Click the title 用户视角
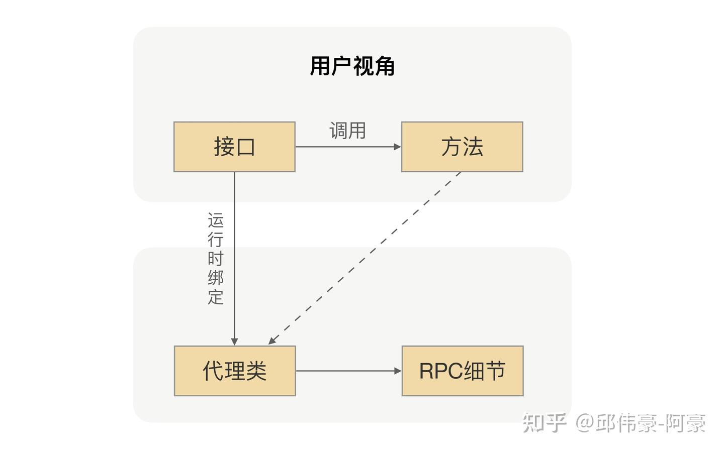[352, 66]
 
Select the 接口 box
[234, 147]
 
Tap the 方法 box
[462, 147]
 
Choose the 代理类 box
[235, 371]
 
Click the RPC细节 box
[462, 371]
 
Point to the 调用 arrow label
[347, 131]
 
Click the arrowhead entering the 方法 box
[398, 147]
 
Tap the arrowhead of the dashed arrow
[272, 341]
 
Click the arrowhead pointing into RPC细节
[398, 371]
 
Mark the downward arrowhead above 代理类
[234, 342]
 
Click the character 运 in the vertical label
[216, 220]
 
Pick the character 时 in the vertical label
[216, 259]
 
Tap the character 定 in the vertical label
[216, 297]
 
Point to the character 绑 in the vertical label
[216, 278]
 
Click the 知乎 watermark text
[544, 423]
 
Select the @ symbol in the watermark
[585, 423]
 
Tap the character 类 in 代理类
[256, 371]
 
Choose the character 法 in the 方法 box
[473, 147]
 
